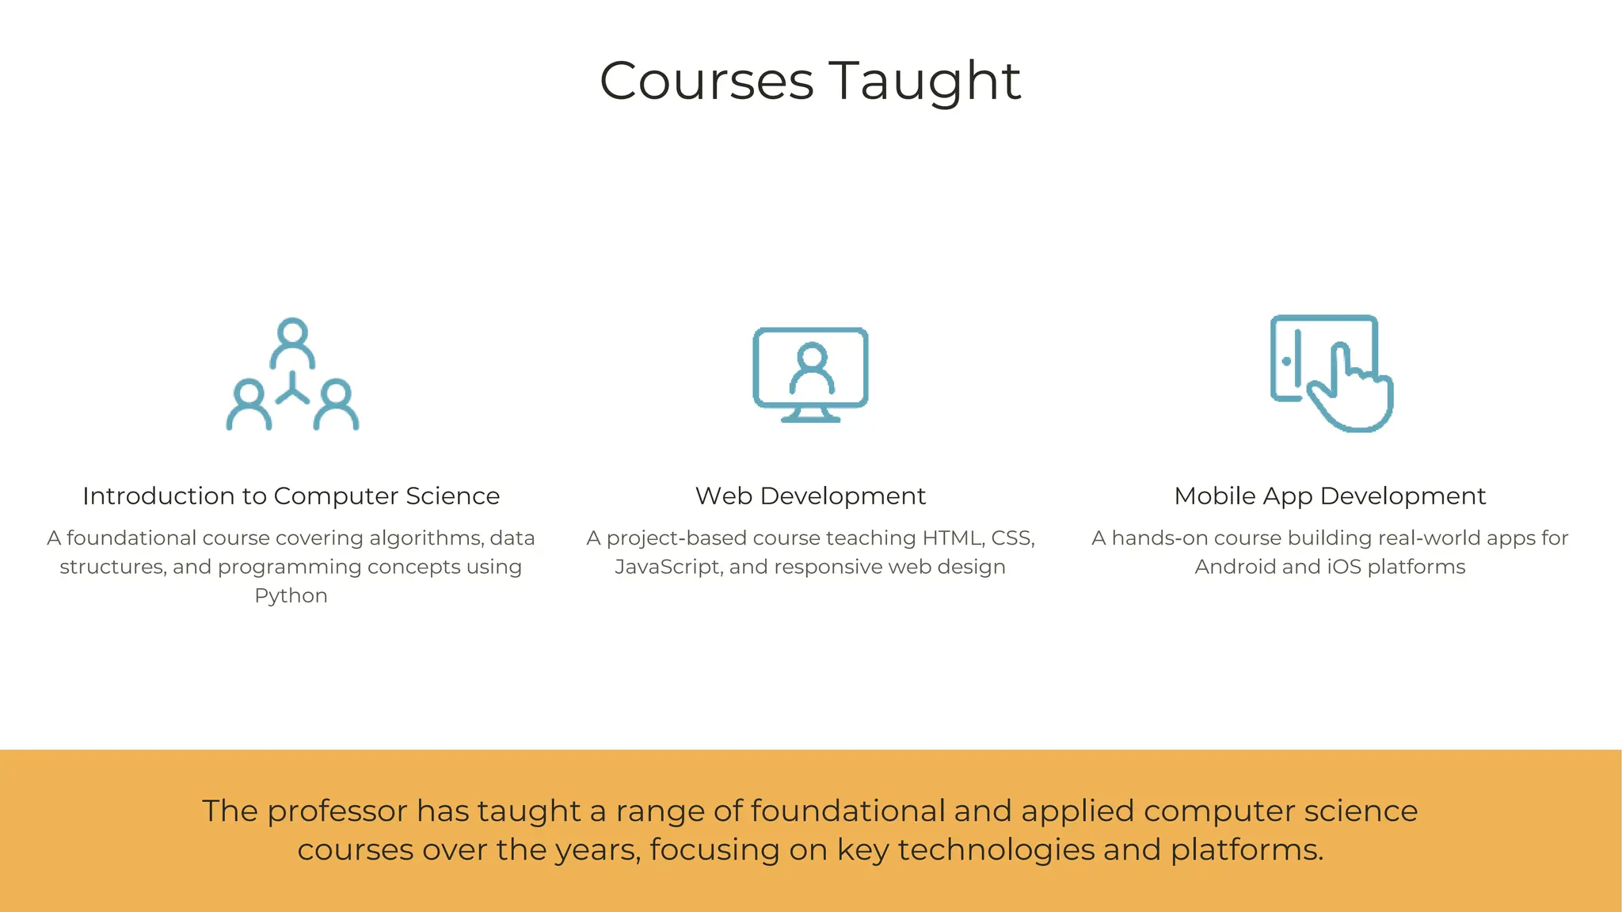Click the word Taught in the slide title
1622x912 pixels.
tap(925, 81)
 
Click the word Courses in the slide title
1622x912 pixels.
tap(706, 81)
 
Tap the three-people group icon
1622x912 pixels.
tap(292, 374)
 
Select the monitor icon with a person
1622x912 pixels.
tap(810, 374)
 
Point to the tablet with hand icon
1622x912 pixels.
tap(1331, 373)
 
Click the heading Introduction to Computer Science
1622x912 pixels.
tap(291, 496)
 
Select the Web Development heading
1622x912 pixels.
tap(810, 496)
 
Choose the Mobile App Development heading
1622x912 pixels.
tap(1330, 496)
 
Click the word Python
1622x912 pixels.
tap(291, 595)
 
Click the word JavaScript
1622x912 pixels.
tap(668, 567)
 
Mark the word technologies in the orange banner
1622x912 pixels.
tap(996, 850)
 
